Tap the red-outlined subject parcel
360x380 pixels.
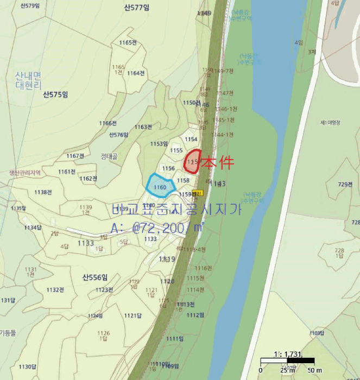pyautogui.click(x=194, y=161)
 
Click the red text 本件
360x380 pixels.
pyautogui.click(x=217, y=163)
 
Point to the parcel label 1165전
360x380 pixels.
pyautogui.click(x=127, y=42)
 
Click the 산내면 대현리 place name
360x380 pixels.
pyautogui.click(x=28, y=81)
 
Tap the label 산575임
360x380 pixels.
pyautogui.click(x=55, y=94)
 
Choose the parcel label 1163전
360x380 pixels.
pyautogui.click(x=143, y=127)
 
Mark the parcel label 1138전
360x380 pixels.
pyautogui.click(x=43, y=192)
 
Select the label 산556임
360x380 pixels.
pyautogui.click(x=96, y=277)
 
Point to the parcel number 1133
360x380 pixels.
pyautogui.click(x=86, y=243)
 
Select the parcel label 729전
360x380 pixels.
pyautogui.click(x=345, y=185)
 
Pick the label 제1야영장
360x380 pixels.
pyautogui.click(x=330, y=123)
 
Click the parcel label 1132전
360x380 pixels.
pyautogui.click(x=55, y=290)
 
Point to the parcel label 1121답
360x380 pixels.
pyautogui.click(x=132, y=315)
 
